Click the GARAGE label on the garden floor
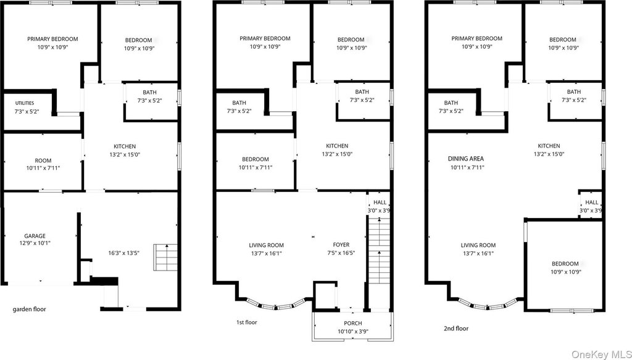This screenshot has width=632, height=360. point(35,236)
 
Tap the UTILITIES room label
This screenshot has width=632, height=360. point(25,103)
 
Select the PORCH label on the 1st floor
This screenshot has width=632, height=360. point(352,324)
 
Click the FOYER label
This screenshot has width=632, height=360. point(341,245)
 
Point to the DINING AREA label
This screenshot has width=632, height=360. point(465,159)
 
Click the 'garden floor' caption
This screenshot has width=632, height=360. point(30,309)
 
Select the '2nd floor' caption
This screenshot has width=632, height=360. point(456,329)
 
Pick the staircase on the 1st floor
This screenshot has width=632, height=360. point(380,250)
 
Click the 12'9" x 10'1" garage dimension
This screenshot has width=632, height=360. point(35,243)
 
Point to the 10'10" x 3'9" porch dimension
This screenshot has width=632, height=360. point(352,332)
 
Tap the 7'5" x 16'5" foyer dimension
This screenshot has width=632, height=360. point(341,253)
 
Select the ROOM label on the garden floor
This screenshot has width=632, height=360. point(43,161)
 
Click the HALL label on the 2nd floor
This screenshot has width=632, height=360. point(592,203)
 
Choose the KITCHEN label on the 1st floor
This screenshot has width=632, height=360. point(337,146)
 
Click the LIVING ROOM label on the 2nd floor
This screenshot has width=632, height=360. point(478,245)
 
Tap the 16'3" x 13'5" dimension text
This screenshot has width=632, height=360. point(123,253)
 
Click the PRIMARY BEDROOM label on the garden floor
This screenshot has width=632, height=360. point(53,39)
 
